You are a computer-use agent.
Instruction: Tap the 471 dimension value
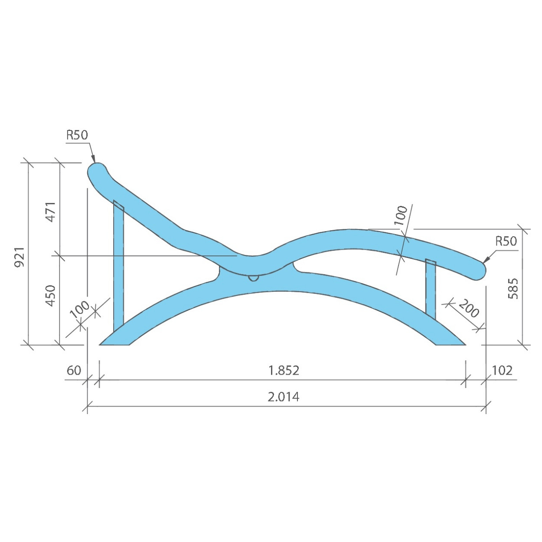point(51,212)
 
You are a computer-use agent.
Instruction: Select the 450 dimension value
point(51,296)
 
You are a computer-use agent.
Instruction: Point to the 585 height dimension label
point(513,289)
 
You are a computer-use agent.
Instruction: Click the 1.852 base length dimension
point(284,371)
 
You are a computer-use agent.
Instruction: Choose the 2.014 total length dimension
point(284,397)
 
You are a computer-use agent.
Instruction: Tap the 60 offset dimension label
point(74,370)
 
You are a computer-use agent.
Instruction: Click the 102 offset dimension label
point(502,371)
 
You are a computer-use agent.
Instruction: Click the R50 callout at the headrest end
point(77,135)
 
